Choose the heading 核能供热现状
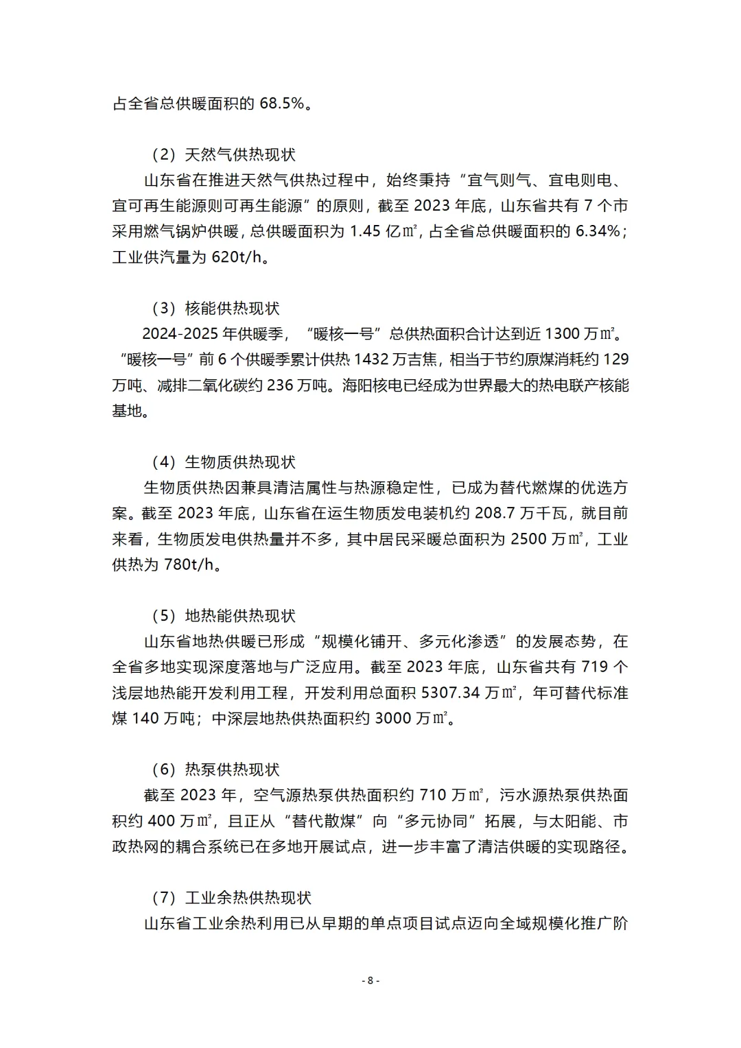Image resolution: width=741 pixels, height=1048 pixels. tap(232, 309)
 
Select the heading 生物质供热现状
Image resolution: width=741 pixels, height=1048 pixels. tap(240, 462)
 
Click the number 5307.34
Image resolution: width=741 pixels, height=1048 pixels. tap(450, 693)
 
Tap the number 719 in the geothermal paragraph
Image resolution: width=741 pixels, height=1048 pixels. tap(595, 667)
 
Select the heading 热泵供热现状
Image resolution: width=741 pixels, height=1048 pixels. tap(232, 770)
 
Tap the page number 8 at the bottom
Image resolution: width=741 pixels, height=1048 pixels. tap(370, 980)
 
